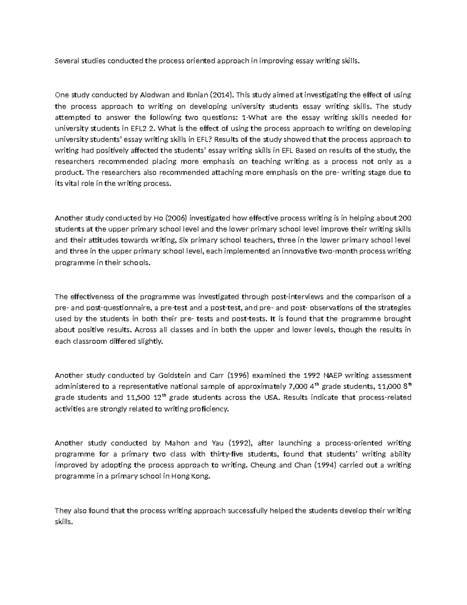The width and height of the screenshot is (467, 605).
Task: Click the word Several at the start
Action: [x=67, y=61]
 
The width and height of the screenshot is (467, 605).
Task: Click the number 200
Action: [x=405, y=218]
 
